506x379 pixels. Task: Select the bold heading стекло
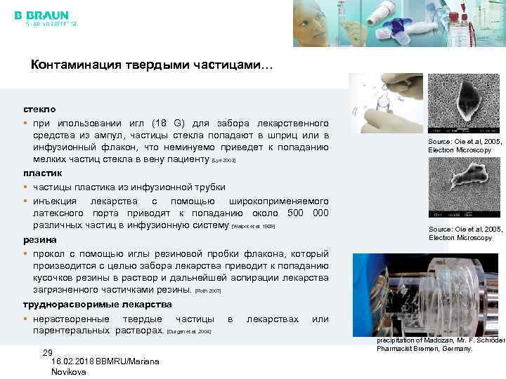pos(39,110)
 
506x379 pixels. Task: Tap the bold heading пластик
pos(43,173)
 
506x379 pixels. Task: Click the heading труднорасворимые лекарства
pos(97,304)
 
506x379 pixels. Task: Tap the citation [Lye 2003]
pos(223,161)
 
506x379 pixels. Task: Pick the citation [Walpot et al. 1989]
pos(253,227)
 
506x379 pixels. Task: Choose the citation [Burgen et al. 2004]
pos(188,331)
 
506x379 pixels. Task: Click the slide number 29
pos(48,352)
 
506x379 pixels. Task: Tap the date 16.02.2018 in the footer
pos(73,361)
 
